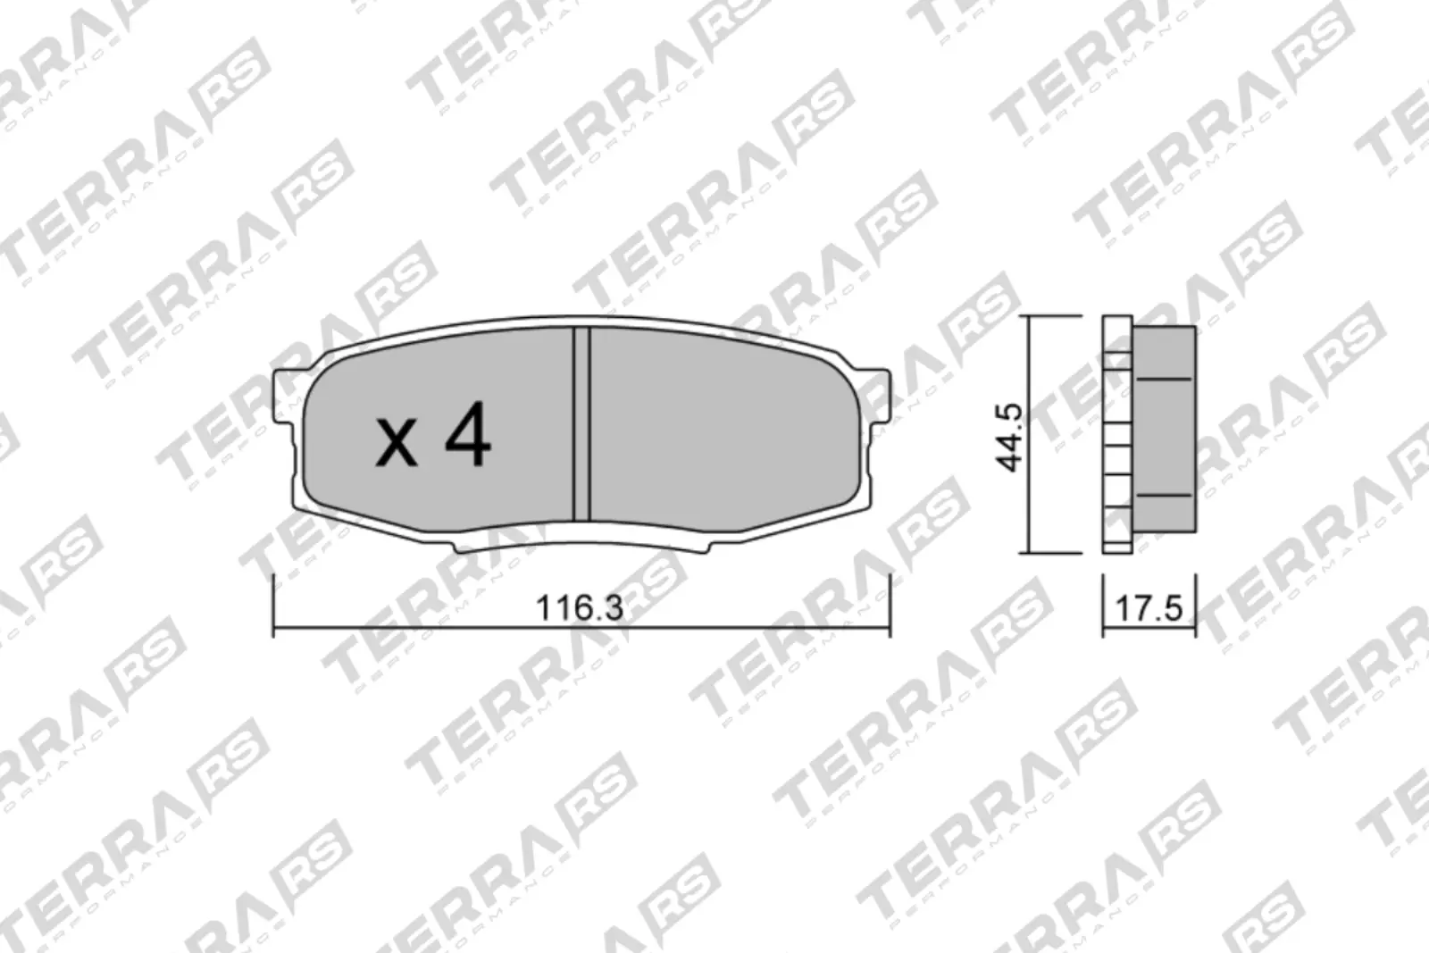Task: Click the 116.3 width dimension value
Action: [580, 608]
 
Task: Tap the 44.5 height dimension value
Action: [1009, 437]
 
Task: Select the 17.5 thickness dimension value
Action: [1149, 608]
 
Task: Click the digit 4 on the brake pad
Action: [469, 434]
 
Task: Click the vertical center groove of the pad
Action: [581, 425]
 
